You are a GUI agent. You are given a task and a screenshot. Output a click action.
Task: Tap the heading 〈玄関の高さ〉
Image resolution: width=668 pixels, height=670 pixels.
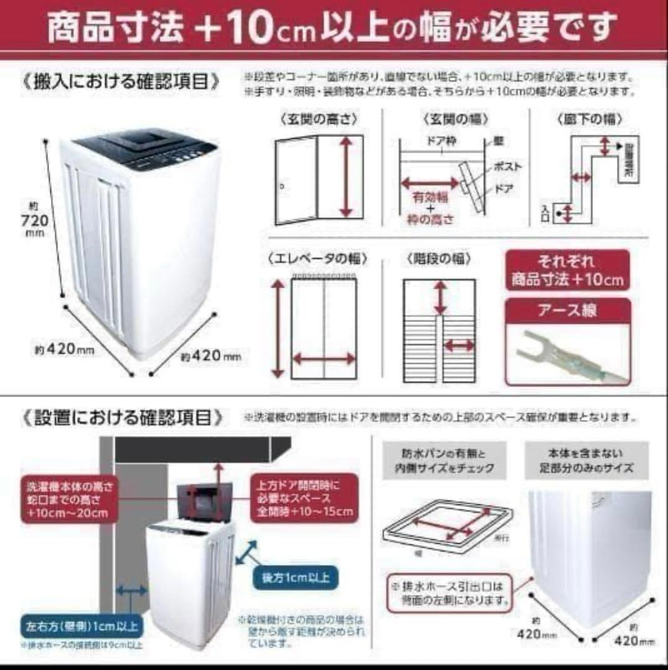click(x=319, y=118)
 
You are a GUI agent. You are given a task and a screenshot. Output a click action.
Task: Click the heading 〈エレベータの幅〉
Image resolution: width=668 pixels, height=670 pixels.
click(x=318, y=259)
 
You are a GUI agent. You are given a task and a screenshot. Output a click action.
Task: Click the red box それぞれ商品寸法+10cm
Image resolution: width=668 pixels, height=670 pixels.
click(x=567, y=270)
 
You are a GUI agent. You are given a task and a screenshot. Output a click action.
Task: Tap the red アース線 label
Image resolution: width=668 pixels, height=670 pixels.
click(x=567, y=311)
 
